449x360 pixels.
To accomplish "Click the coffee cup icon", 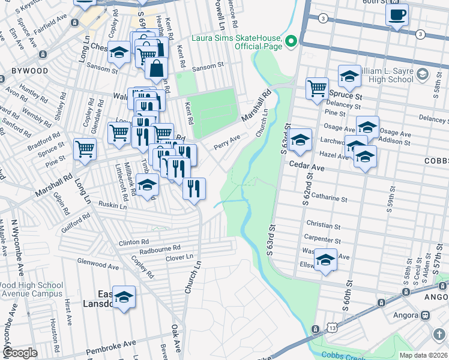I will (397, 14).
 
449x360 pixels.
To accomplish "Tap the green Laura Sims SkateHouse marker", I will (291, 41).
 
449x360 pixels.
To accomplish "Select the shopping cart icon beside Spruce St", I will (318, 88).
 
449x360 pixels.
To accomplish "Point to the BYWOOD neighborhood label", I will (29, 71).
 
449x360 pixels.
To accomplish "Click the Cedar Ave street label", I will (306, 169).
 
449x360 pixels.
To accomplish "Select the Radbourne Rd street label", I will (160, 248).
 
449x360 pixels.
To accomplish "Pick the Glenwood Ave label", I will (98, 263).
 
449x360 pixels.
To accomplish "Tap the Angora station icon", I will (425, 315).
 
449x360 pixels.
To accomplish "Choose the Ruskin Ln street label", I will (113, 206).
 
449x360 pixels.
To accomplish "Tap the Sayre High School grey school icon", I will (422, 74).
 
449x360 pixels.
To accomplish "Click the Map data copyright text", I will (423, 355).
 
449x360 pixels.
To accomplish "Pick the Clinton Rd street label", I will (133, 242).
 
